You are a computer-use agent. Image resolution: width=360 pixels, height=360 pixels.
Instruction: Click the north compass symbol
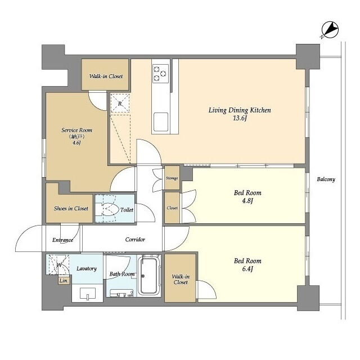(330, 30)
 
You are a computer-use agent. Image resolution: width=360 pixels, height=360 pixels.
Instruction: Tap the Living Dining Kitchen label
(240, 110)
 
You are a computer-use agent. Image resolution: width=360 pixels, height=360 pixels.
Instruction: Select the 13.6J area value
(240, 118)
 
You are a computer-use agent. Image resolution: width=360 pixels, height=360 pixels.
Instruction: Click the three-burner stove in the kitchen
(160, 74)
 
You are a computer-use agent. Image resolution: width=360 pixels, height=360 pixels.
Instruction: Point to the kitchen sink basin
(161, 122)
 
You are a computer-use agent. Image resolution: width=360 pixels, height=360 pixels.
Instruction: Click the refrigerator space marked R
(120, 103)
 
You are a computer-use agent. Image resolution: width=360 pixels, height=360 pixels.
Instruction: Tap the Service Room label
(76, 130)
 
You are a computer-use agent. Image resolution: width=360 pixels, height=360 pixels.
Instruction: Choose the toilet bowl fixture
(106, 209)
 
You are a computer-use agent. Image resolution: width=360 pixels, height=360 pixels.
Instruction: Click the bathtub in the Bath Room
(150, 276)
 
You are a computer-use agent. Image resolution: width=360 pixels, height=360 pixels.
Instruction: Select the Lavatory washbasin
(88, 294)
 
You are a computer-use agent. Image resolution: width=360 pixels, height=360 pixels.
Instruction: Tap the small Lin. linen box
(64, 281)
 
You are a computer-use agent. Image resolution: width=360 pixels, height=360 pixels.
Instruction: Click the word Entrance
(62, 240)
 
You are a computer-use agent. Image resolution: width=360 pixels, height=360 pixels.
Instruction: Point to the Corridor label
(135, 240)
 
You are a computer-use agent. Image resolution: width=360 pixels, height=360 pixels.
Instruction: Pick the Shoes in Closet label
(71, 209)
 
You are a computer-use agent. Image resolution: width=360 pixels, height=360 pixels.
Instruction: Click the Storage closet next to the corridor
(172, 178)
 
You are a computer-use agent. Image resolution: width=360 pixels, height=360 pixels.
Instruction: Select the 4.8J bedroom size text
(247, 201)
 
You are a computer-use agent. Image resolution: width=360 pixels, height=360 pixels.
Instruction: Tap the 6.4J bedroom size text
(247, 269)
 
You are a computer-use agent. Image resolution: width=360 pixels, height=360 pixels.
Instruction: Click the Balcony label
(326, 179)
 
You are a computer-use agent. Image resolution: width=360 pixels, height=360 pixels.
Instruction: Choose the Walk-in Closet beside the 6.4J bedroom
(181, 278)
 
